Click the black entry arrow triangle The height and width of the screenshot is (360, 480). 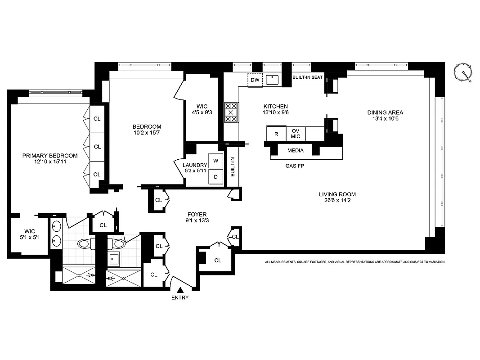(x=180, y=291)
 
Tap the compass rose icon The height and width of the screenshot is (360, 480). (x=464, y=73)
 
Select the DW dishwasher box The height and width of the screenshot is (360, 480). (x=255, y=80)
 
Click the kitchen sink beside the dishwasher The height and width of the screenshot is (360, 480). (x=272, y=80)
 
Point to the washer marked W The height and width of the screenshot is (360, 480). (x=215, y=161)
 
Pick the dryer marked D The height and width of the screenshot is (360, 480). (x=215, y=177)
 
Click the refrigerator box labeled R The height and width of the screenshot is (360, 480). (x=276, y=134)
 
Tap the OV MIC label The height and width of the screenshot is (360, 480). (x=296, y=134)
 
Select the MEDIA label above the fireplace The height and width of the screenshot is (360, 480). (x=295, y=151)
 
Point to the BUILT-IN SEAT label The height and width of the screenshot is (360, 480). (x=308, y=78)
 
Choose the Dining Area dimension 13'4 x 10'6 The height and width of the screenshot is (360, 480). (x=385, y=119)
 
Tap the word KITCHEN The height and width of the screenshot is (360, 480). (x=275, y=107)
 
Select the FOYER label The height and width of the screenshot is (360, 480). (x=196, y=215)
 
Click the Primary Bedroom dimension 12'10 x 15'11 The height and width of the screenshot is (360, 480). (x=50, y=162)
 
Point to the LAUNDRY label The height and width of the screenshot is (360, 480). (x=194, y=165)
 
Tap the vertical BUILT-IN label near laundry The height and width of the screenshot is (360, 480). (x=233, y=166)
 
